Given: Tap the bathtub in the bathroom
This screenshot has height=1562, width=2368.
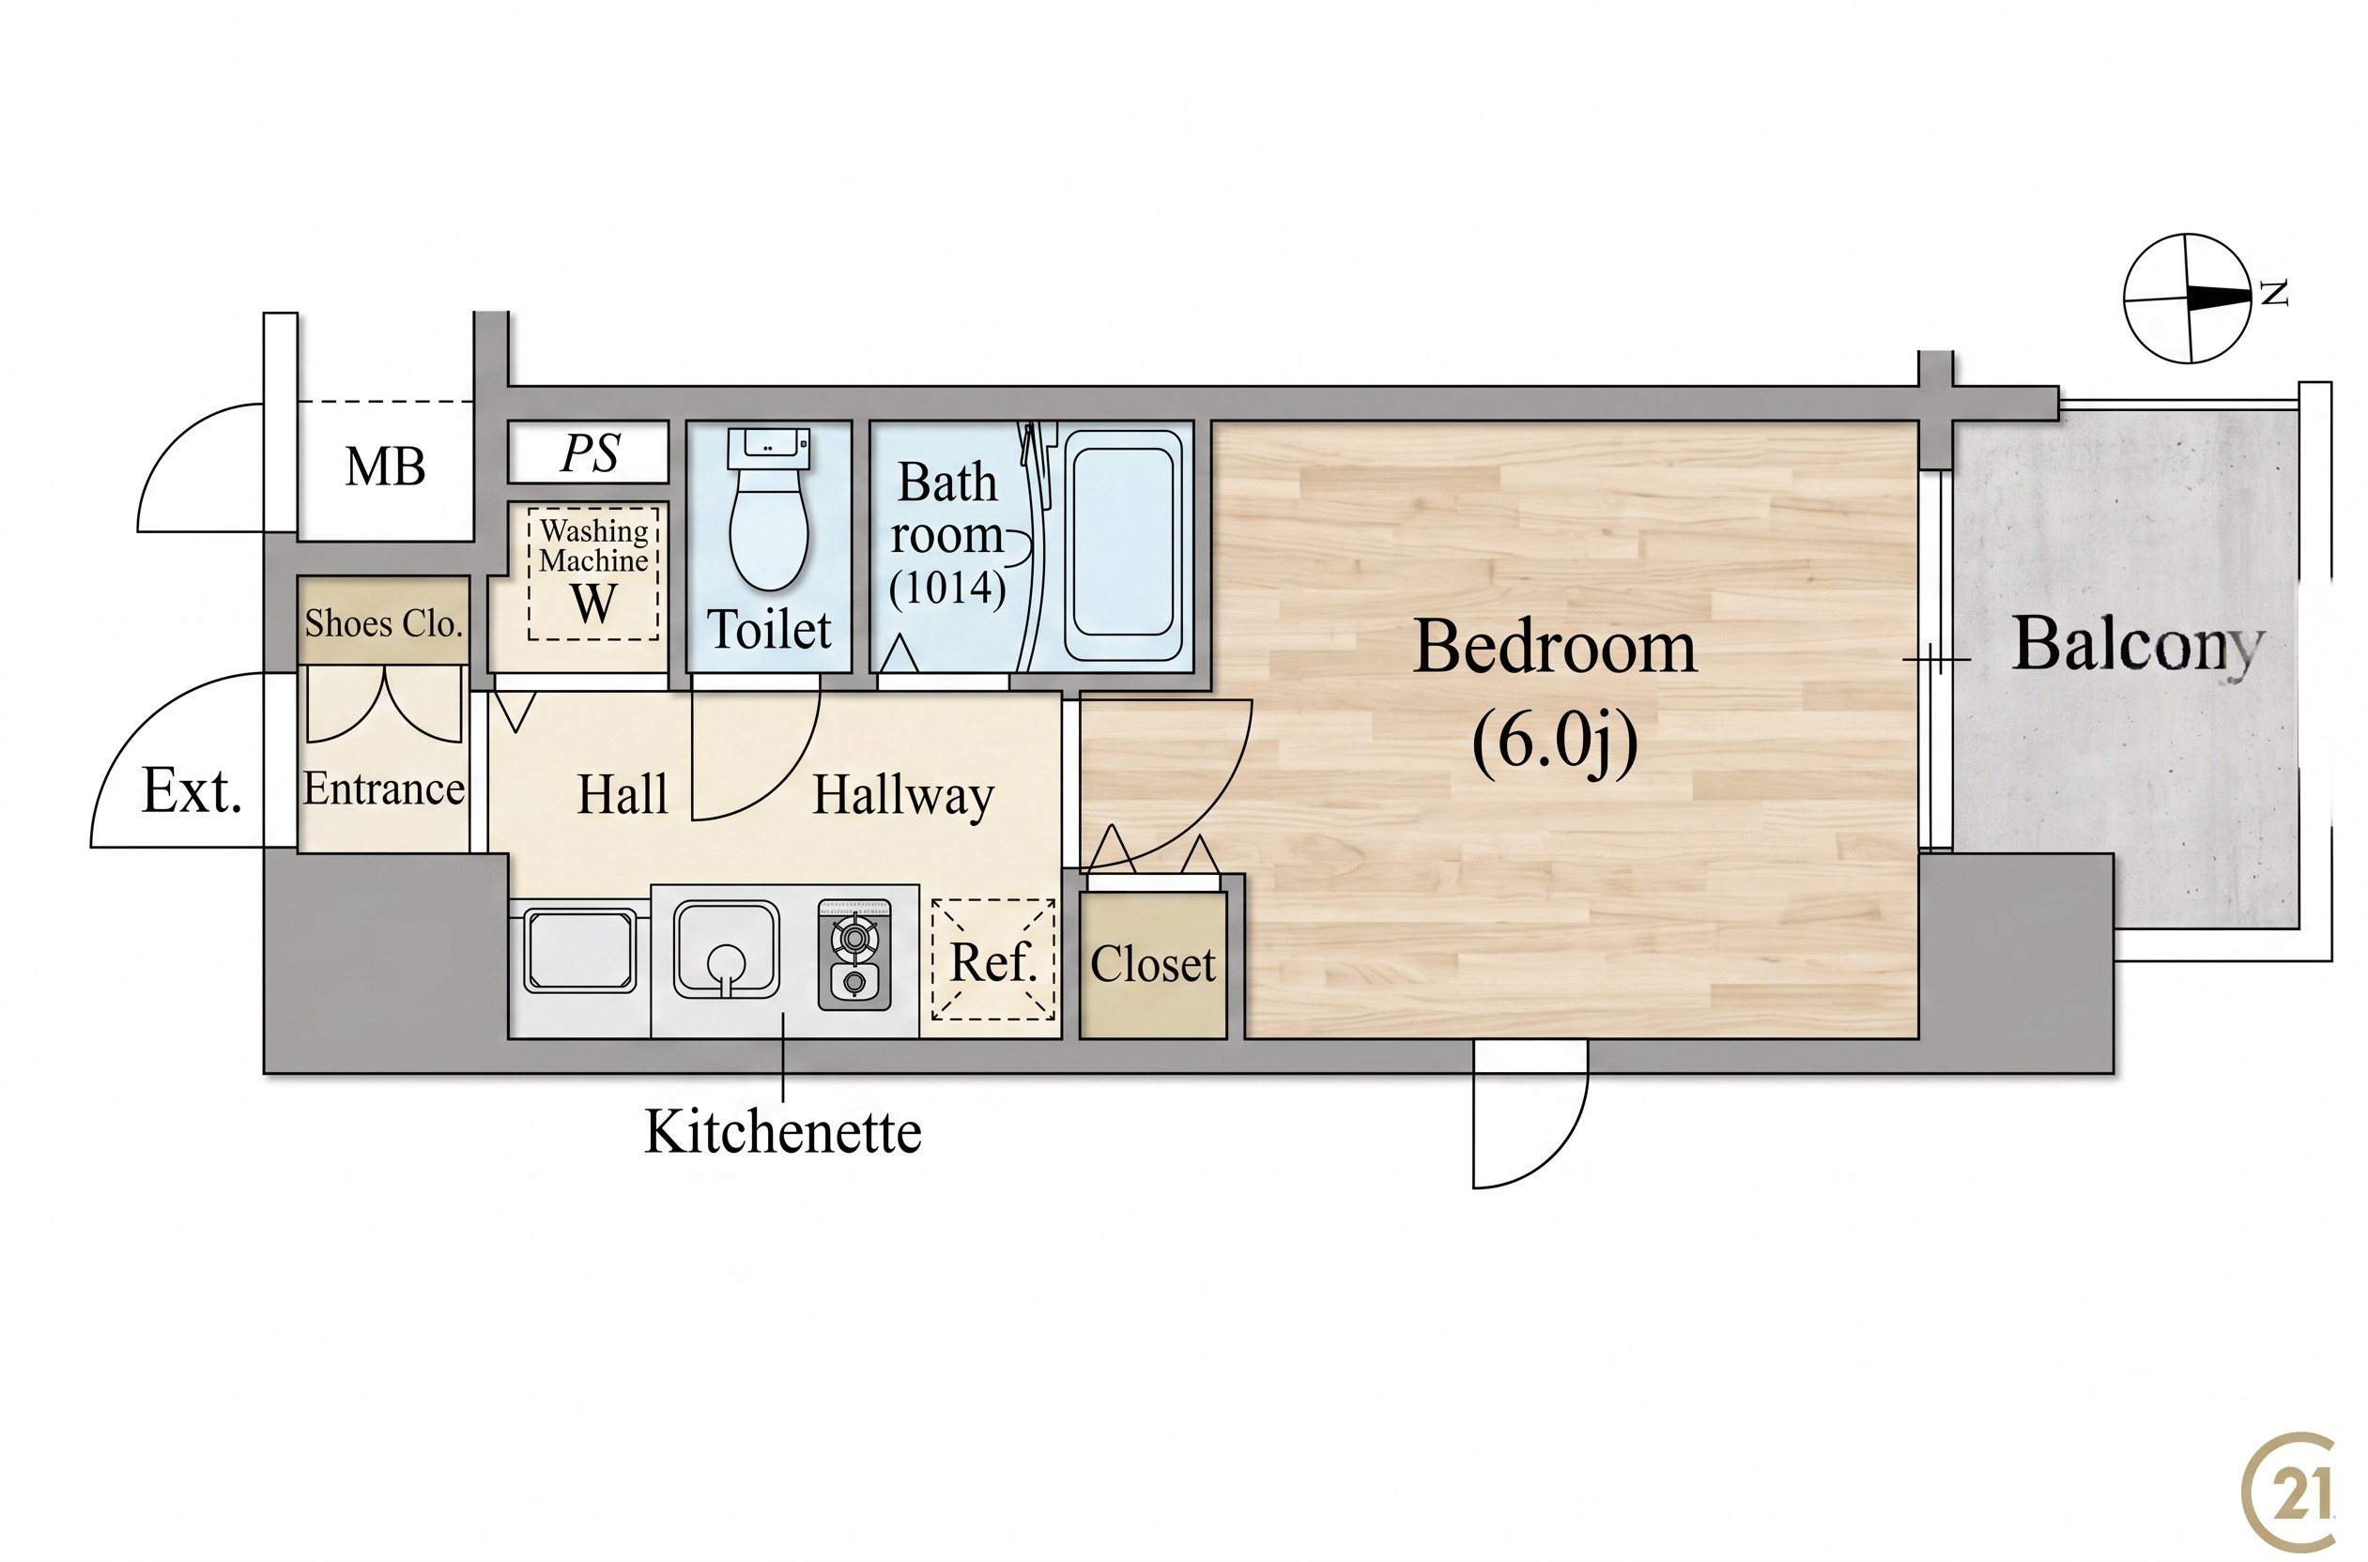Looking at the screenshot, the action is [x=1123, y=544].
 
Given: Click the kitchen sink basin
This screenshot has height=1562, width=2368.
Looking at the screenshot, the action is [x=725, y=949].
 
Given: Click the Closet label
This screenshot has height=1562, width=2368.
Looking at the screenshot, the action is [x=1153, y=964].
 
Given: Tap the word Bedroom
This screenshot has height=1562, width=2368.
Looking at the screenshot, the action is [x=1554, y=648].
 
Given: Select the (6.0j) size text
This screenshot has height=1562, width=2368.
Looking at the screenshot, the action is [x=1554, y=743].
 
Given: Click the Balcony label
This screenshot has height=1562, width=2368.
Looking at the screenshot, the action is [x=2138, y=647].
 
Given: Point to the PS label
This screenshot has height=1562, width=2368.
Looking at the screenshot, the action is [x=591, y=453].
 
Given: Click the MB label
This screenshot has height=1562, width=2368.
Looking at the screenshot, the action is [x=385, y=467].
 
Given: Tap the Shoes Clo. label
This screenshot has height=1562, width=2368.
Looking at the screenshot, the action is [x=383, y=623].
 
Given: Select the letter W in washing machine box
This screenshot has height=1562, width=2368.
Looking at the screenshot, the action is [x=592, y=603].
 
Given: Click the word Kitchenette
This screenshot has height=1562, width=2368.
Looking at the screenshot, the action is [x=783, y=1132].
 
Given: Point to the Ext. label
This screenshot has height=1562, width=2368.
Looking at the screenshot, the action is [x=192, y=791].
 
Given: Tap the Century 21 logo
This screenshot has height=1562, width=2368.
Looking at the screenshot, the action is [x=2287, y=1491].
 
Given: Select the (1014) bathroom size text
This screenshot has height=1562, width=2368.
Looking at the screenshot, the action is [x=947, y=588].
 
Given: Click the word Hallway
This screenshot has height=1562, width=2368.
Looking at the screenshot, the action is [x=903, y=796].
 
